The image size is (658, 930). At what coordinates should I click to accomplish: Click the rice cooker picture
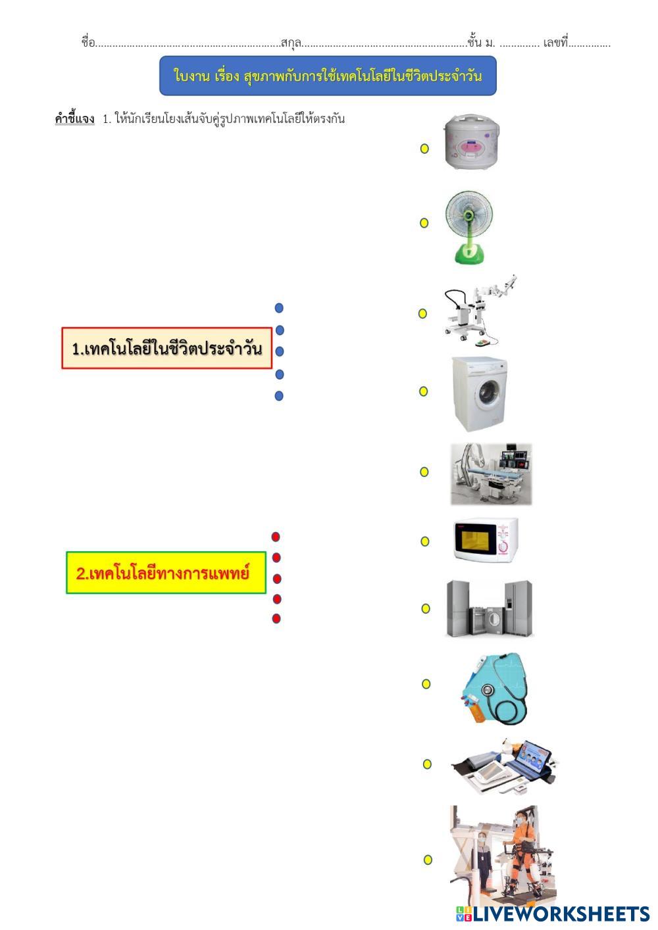[471, 143]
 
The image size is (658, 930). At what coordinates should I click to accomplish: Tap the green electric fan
[470, 226]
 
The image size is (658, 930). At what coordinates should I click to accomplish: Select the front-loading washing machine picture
[480, 393]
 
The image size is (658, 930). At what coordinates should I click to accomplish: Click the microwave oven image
[486, 541]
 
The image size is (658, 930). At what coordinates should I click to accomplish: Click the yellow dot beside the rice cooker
[424, 149]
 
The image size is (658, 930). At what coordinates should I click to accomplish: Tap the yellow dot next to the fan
[424, 223]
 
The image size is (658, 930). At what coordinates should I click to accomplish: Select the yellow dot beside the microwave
[425, 541]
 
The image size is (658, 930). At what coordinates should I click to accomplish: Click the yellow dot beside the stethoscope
[426, 684]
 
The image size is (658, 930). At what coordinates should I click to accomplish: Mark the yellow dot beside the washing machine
[424, 391]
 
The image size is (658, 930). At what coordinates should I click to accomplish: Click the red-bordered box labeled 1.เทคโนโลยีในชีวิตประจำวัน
[167, 348]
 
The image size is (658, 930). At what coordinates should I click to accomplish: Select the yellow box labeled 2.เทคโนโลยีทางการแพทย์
[166, 573]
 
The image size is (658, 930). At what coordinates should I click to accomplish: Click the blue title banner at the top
[328, 76]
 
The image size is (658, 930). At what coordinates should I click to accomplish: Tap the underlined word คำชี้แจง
[74, 119]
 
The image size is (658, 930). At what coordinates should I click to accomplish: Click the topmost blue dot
[279, 308]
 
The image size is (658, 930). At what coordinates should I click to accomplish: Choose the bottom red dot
[276, 618]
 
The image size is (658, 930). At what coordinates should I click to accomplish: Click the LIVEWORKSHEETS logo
[553, 914]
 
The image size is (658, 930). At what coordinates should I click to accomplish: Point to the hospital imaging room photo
[491, 474]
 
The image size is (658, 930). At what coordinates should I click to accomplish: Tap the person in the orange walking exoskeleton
[524, 852]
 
